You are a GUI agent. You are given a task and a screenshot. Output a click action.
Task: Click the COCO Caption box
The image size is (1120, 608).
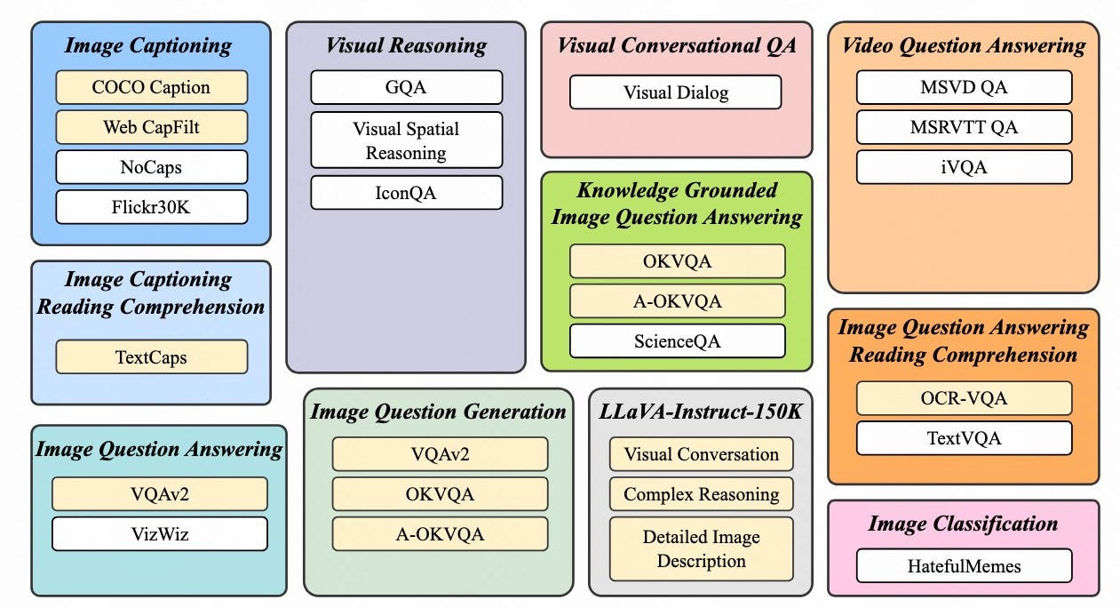tap(151, 87)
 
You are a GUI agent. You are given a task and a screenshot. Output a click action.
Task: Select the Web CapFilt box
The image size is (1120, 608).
tap(151, 127)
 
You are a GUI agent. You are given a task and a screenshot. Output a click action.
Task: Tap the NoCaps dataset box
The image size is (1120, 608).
tap(151, 167)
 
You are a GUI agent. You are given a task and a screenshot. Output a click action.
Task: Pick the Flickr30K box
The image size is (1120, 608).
tap(151, 207)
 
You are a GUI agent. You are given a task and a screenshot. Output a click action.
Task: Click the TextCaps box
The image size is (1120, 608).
tap(151, 357)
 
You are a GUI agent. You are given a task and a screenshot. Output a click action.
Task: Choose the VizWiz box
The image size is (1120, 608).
tap(159, 534)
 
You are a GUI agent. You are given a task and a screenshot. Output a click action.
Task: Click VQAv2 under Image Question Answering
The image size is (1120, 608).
tap(159, 494)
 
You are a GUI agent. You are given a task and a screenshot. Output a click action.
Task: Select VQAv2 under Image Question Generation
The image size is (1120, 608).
tap(440, 454)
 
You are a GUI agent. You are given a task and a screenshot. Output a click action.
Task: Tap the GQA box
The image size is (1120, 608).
tap(406, 88)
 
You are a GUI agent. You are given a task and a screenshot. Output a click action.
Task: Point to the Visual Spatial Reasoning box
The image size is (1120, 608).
tap(406, 140)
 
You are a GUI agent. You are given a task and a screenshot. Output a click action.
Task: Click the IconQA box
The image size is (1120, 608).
tap(406, 193)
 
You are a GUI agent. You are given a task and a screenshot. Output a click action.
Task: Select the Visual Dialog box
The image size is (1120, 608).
tap(675, 92)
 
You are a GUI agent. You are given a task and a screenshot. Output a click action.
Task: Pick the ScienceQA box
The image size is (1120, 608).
tap(677, 341)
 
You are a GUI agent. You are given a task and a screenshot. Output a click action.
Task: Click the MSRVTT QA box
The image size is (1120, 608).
tap(964, 127)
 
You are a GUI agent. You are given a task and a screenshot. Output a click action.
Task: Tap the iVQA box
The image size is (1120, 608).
tap(964, 167)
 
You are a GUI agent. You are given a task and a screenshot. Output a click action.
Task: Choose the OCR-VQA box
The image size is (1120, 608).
tap(964, 398)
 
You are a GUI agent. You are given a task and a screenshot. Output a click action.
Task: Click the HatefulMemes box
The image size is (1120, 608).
tap(964, 566)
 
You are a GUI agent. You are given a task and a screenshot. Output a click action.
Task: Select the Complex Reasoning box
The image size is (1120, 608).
tap(701, 494)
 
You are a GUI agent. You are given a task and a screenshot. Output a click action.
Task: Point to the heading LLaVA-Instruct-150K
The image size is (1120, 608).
tap(701, 412)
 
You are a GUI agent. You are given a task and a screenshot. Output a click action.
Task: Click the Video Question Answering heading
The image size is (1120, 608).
tap(964, 45)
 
